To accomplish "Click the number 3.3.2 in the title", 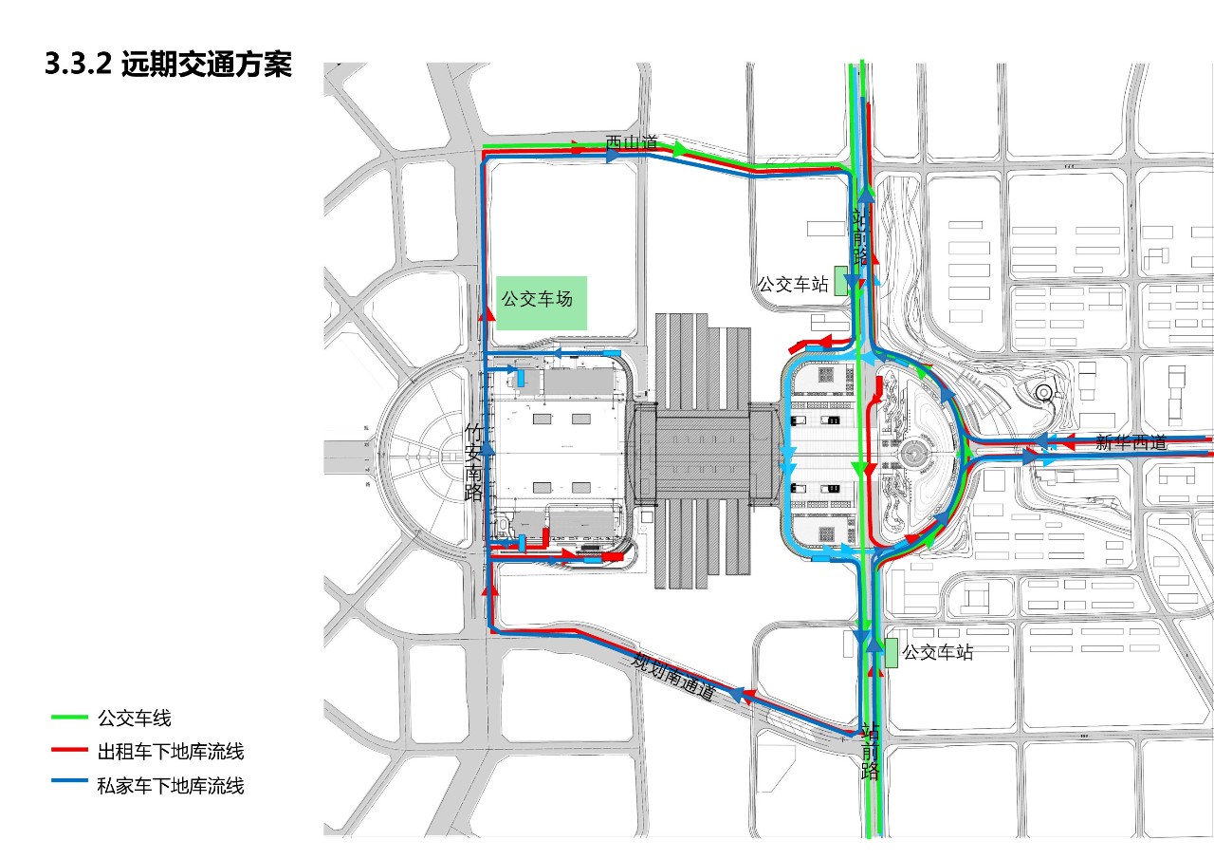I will tap(79, 65).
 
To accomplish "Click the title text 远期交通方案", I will tap(207, 65).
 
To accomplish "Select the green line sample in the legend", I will tap(69, 719).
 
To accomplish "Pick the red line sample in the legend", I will tap(69, 752).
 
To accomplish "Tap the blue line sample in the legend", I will tap(69, 785).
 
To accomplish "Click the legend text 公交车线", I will tap(134, 719).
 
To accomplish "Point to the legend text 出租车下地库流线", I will tap(171, 752).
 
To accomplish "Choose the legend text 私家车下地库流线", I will tap(171, 785).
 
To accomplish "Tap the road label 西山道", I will tap(632, 143).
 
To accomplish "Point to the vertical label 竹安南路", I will tap(474, 462).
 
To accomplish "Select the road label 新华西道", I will tap(1131, 441).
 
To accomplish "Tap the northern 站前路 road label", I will tap(860, 237).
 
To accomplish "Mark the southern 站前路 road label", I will tap(870, 751).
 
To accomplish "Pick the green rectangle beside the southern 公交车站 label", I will tap(891, 652).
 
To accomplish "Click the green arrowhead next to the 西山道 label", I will tap(679, 148).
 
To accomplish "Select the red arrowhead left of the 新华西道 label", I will tap(1068, 441).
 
